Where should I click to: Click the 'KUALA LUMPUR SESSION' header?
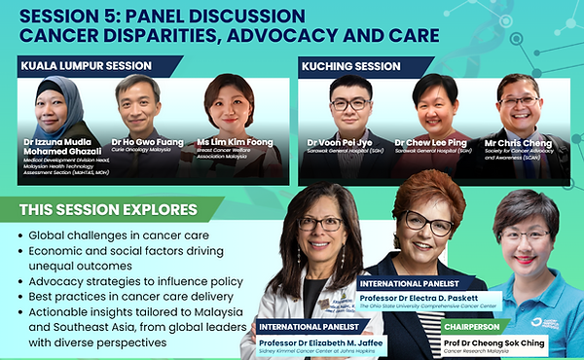click(86, 66)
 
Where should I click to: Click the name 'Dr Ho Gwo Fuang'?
click(137, 142)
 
